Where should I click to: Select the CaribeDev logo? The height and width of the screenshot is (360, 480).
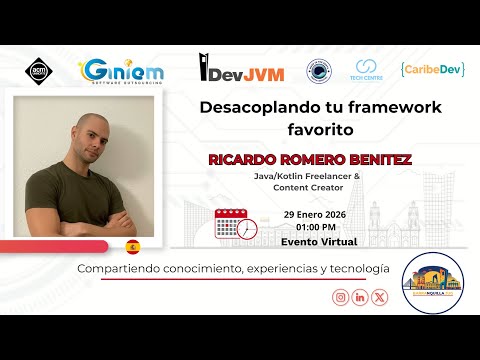point(431,70)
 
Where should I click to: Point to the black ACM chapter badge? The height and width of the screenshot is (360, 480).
point(36,71)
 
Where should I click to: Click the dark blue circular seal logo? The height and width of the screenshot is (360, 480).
point(319,71)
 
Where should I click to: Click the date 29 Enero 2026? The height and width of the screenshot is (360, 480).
point(320,214)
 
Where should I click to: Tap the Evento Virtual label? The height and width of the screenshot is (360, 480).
point(320,242)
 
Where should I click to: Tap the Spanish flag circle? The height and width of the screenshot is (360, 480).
point(132,246)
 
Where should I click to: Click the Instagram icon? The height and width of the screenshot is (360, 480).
point(340,297)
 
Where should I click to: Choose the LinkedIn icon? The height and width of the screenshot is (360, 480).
point(360,297)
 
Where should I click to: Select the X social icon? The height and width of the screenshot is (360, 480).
point(380,297)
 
